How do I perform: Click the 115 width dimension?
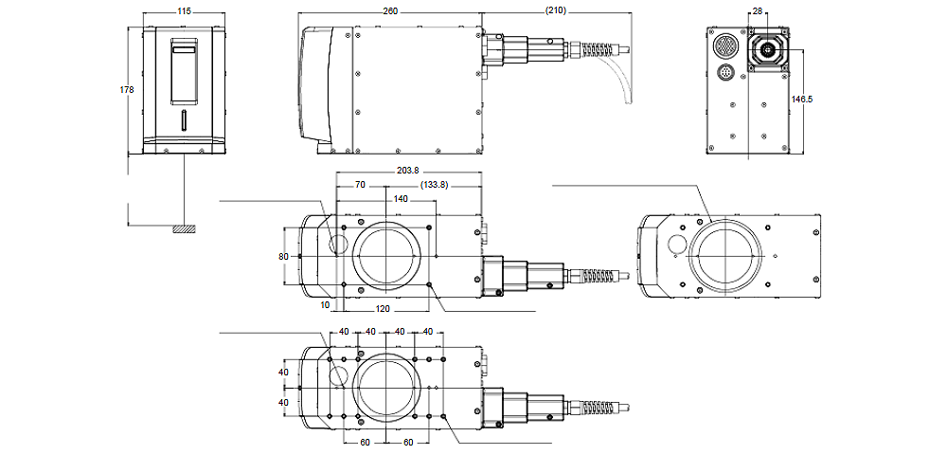tap(184, 11)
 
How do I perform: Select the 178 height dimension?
tap(127, 90)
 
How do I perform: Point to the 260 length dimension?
tap(390, 11)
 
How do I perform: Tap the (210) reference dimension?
tap(557, 11)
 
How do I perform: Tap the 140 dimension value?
tap(400, 199)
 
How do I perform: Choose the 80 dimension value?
tap(282, 256)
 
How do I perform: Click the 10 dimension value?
tap(325, 305)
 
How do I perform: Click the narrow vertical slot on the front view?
tap(184, 121)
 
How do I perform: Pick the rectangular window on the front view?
tap(184, 71)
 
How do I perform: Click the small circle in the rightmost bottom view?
tap(675, 245)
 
